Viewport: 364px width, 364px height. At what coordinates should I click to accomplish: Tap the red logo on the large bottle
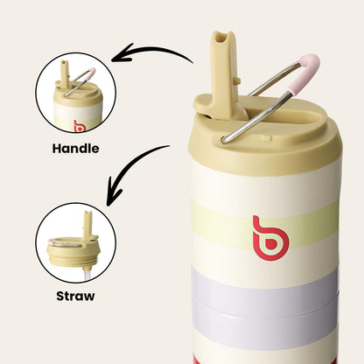(x=268, y=237)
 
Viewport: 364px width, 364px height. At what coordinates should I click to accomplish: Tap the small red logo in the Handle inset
(x=79, y=126)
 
